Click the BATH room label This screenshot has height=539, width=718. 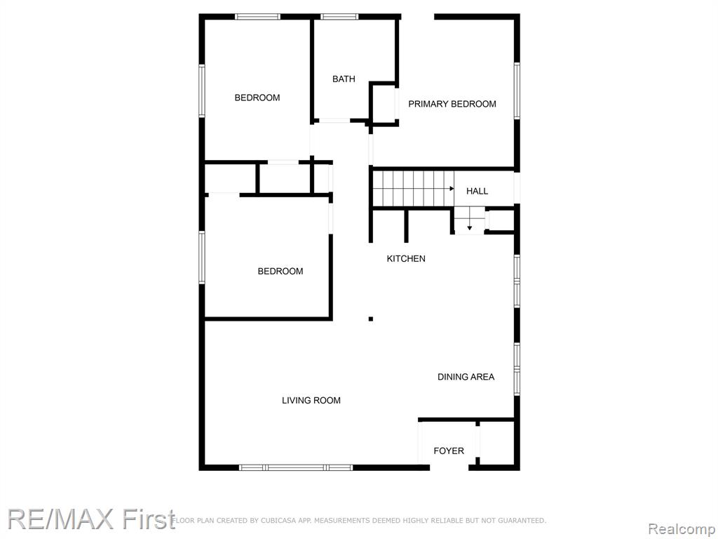pos(344,79)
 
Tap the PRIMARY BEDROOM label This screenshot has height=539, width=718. pos(452,104)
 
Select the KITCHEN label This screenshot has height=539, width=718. pos(406,258)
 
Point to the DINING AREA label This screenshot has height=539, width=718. pos(466,377)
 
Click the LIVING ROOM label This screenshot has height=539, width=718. pos(311,400)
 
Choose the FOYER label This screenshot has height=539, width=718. pos(449,451)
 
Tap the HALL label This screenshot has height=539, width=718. pos(477,191)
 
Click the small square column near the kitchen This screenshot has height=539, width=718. pos(371,319)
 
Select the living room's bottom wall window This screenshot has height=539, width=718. pos(296,467)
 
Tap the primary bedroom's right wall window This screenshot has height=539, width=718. pos(517,91)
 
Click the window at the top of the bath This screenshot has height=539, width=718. pos(339,17)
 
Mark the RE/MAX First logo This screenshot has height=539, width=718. pos(92,519)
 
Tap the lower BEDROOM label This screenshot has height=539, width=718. pos(280,272)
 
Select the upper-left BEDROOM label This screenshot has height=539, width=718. pos(257,98)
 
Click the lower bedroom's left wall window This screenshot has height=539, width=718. pos(201,257)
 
